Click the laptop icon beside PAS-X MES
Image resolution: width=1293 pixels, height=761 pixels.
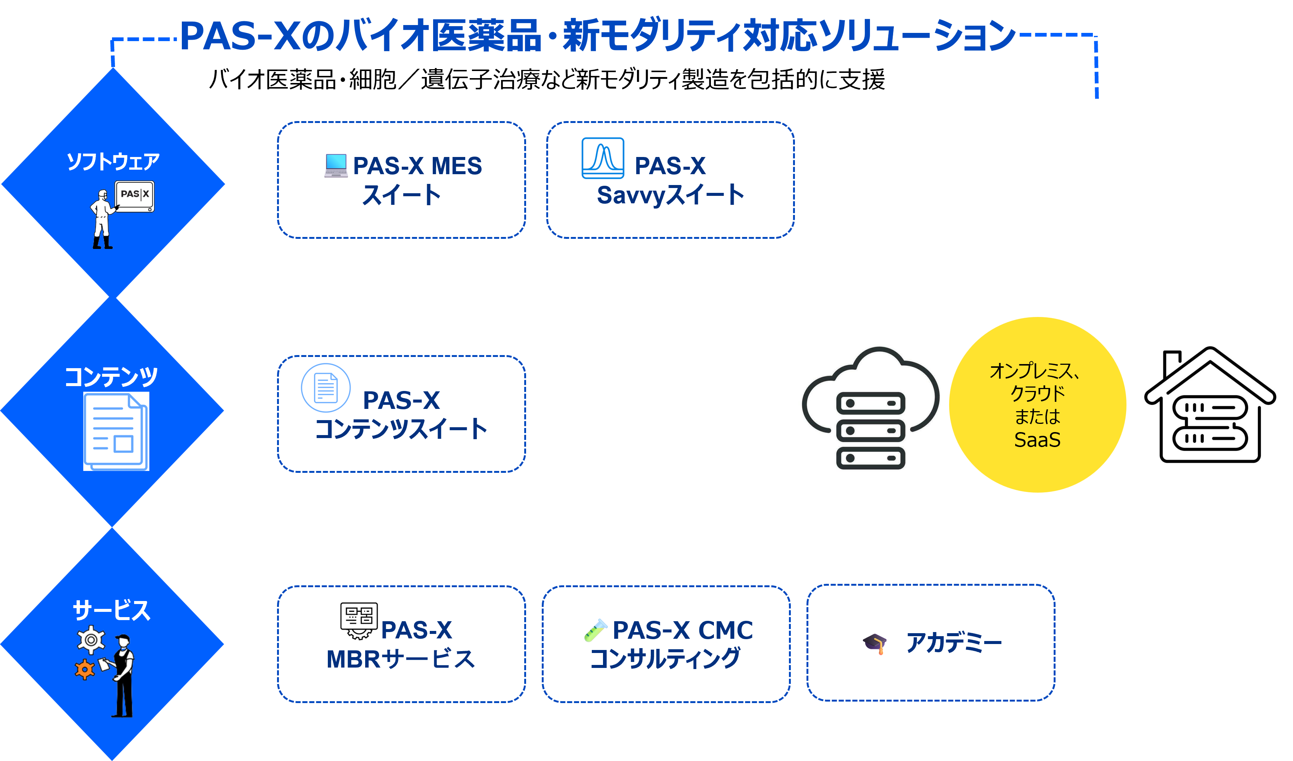(336, 165)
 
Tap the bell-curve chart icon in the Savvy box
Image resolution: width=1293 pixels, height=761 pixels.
(603, 158)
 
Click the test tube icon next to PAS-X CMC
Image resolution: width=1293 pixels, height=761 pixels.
(596, 630)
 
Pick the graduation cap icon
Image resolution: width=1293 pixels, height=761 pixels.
(875, 643)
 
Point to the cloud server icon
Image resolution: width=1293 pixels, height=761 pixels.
(870, 409)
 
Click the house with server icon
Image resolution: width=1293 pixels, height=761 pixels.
(1210, 405)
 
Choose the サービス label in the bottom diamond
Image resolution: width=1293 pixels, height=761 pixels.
(112, 610)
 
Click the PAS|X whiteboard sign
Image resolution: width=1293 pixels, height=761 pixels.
(134, 195)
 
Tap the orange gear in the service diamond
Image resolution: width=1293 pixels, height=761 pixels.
(85, 669)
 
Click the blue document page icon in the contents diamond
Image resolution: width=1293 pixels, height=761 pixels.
(116, 431)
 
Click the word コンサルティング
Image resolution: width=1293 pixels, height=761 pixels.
(665, 659)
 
